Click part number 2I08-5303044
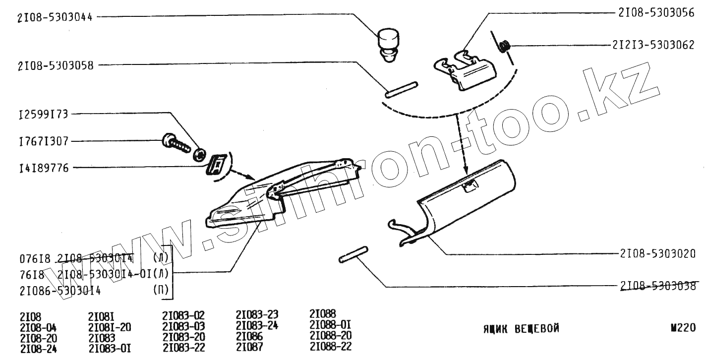pyautogui.click(x=56, y=16)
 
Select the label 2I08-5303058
pyautogui.click(x=56, y=64)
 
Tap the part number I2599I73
pyautogui.click(x=44, y=114)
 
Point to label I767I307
pyautogui.click(x=44, y=141)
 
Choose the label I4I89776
pyautogui.click(x=44, y=168)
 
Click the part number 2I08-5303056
pyautogui.click(x=656, y=13)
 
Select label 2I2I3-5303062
pyautogui.click(x=653, y=45)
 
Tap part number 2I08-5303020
pyautogui.click(x=657, y=253)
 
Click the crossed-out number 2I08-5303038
pyautogui.click(x=657, y=286)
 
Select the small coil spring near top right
pyautogui.click(x=505, y=47)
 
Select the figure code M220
pyautogui.click(x=684, y=328)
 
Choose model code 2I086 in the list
pyautogui.click(x=249, y=336)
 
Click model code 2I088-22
pyautogui.click(x=330, y=347)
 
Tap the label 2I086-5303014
pyautogui.click(x=60, y=291)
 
